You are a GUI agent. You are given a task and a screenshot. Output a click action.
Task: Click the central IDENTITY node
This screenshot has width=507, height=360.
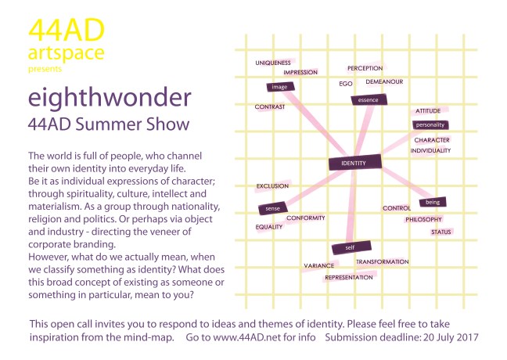(x=354, y=163)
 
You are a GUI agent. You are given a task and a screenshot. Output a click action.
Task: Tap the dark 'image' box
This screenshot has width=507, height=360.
(x=279, y=87)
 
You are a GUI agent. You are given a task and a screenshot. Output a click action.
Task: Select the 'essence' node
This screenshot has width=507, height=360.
(x=366, y=100)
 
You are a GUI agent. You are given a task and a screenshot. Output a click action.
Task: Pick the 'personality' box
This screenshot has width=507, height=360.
(x=430, y=124)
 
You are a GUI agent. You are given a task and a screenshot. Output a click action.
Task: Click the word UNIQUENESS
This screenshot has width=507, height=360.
(x=273, y=62)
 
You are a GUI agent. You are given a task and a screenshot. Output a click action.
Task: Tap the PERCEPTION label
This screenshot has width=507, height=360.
(x=365, y=68)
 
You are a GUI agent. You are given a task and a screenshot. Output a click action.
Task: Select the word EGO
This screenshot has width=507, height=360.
(x=346, y=83)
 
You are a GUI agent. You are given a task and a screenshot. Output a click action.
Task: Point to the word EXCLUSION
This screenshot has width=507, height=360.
(x=272, y=185)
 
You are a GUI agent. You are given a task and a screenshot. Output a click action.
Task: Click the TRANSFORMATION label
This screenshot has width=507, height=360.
(x=382, y=261)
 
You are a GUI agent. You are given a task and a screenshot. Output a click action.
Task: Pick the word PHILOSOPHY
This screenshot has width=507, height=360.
(x=423, y=219)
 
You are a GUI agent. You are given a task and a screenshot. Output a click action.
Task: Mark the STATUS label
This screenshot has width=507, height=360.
(x=441, y=232)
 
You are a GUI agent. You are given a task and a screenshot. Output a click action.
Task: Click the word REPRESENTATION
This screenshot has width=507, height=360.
(x=348, y=277)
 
